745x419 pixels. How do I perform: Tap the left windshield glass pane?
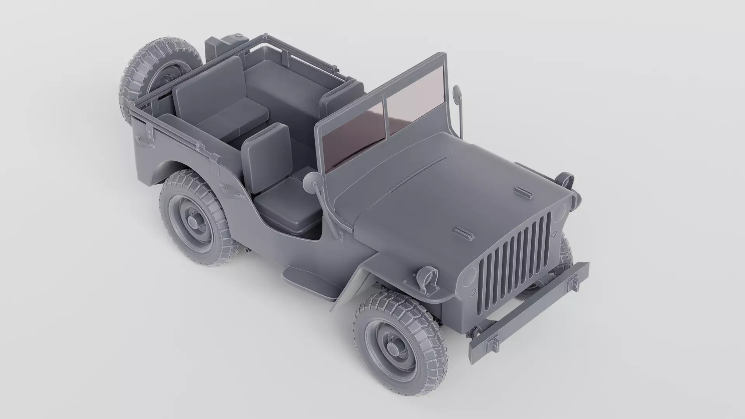pyautogui.click(x=353, y=134)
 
